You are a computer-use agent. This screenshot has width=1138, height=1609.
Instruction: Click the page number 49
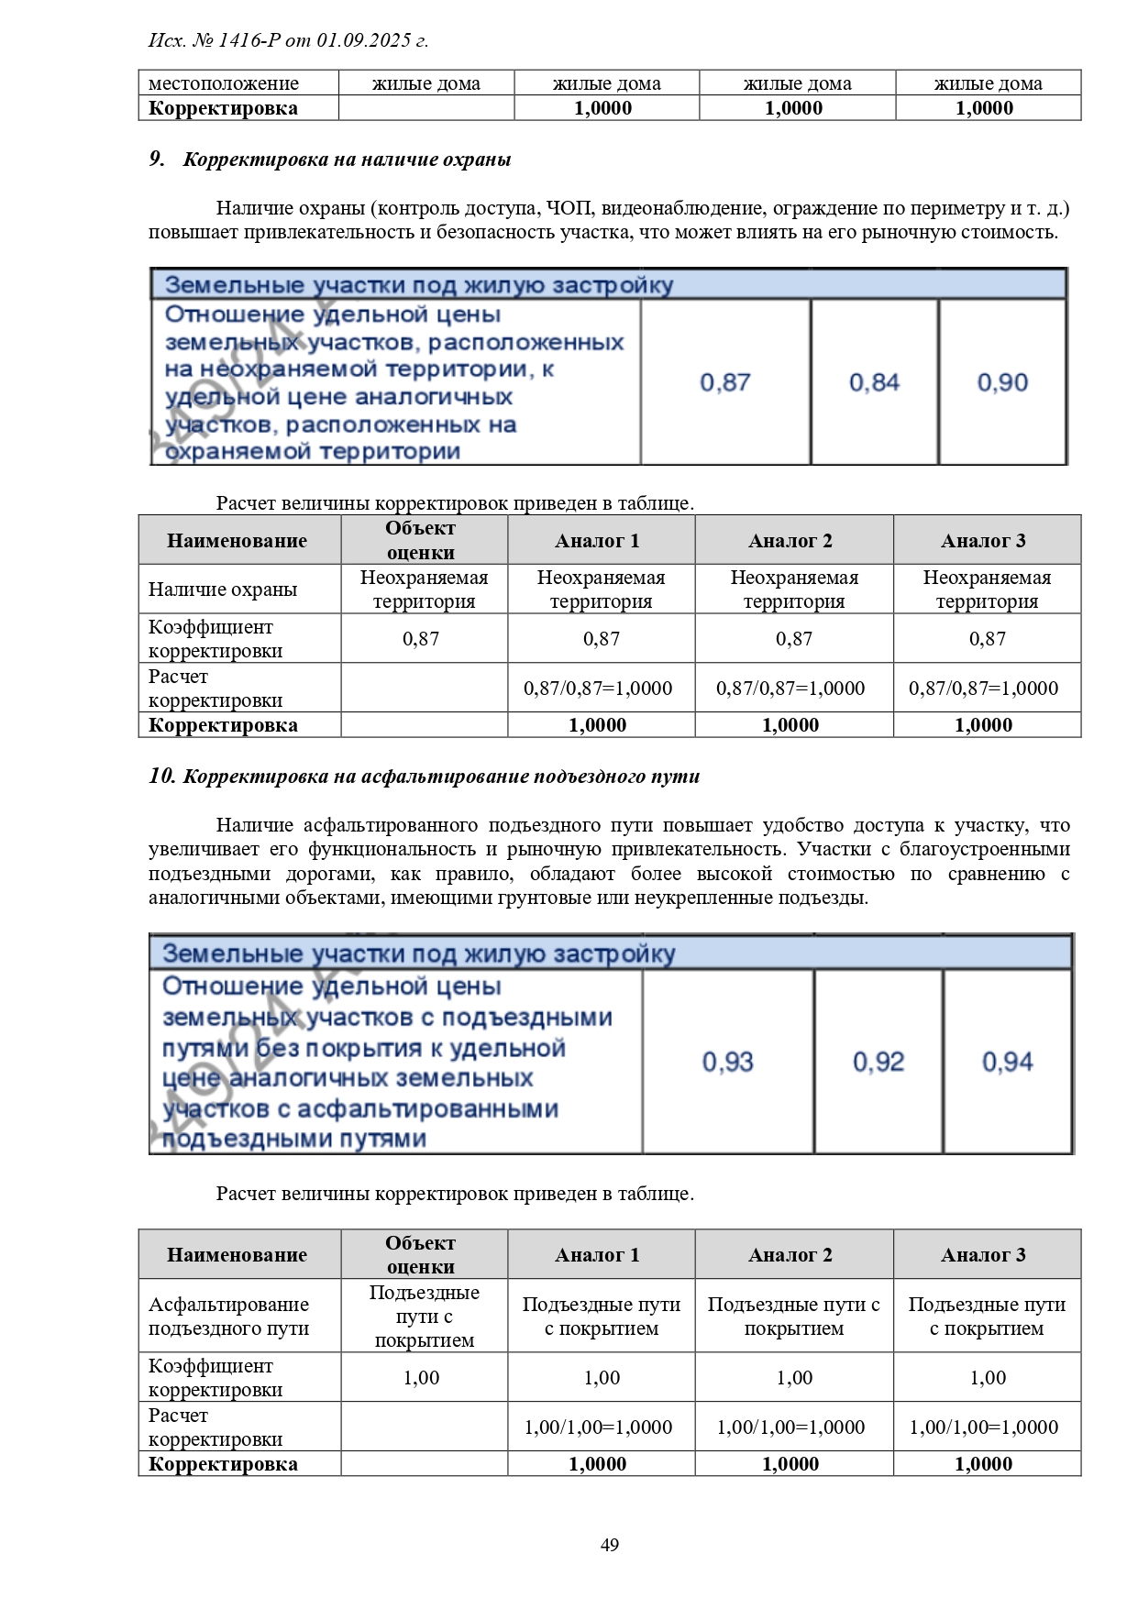pos(609,1545)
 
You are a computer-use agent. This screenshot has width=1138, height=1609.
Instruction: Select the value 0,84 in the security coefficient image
pos(874,382)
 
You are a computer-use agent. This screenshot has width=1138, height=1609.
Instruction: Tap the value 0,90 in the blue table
pos(1002,382)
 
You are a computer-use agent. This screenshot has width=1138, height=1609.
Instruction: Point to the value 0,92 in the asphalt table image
pos(878,1062)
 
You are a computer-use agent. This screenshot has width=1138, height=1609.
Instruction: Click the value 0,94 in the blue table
pos(1007,1062)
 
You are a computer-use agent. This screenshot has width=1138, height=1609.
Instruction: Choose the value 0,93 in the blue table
pos(727,1062)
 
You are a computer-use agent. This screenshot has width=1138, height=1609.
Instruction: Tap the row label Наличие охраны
pos(223,590)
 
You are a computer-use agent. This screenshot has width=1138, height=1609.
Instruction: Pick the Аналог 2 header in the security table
pos(790,541)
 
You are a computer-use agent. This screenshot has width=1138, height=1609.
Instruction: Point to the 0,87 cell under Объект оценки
pos(421,639)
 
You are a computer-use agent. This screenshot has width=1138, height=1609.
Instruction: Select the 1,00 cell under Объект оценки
pos(422,1378)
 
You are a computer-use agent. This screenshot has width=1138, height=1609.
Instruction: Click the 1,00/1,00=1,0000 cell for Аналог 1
pos(598,1427)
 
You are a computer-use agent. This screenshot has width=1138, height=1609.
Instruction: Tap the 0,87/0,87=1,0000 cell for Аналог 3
pos(983,689)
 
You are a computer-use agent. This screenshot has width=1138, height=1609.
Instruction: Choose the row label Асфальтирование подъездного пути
pos(229,1317)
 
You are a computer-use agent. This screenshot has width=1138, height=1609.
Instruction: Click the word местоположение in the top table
pos(224,83)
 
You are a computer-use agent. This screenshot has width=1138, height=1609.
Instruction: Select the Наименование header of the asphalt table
pos(237,1255)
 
